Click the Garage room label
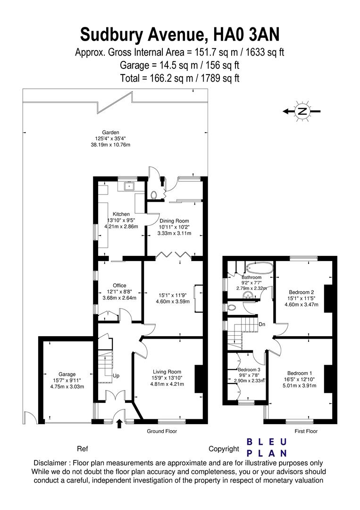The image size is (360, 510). (67, 374)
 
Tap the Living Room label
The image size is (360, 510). (167, 372)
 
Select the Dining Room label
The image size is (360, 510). (174, 221)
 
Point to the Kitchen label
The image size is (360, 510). (121, 214)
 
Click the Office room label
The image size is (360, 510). (119, 286)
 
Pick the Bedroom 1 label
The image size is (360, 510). (300, 373)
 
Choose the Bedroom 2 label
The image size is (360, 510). (301, 292)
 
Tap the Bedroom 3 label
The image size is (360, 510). (249, 370)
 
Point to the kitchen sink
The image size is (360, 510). (130, 186)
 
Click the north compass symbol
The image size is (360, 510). (302, 111)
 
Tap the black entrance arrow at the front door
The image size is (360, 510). (119, 423)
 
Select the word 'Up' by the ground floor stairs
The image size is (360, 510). (116, 376)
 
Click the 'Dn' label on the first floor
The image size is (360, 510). (262, 324)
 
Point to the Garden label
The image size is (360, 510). (110, 132)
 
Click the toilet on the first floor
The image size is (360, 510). (232, 307)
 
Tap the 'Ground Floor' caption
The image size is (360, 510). (162, 431)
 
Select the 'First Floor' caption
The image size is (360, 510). (306, 431)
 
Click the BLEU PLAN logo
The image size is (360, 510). (267, 448)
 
